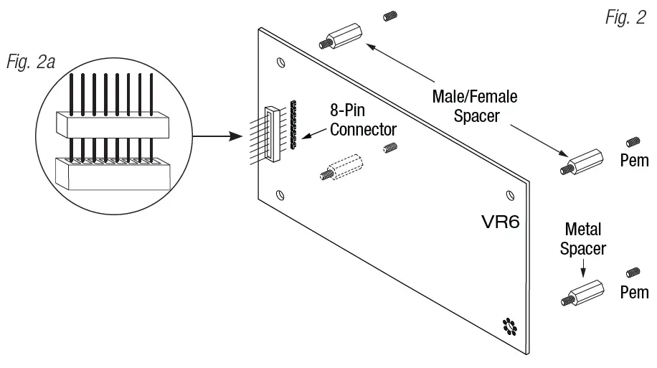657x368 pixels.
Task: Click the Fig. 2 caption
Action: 625,19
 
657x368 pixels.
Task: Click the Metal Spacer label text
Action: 583,240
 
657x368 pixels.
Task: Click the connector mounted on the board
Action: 271,133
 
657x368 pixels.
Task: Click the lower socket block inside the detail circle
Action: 113,171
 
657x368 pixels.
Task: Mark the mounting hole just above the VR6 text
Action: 509,194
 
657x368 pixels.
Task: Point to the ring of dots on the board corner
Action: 509,326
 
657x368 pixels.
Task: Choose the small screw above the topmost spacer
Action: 391,16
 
